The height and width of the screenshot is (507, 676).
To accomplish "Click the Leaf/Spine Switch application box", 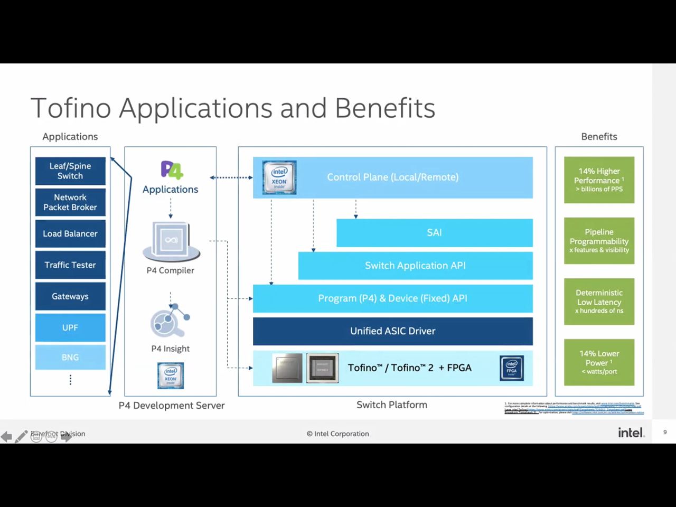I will click(70, 171).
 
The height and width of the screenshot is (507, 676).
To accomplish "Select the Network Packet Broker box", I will click(70, 202).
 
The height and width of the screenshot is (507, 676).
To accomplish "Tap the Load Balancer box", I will click(70, 233).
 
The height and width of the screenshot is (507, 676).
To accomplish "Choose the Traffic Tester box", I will click(70, 265).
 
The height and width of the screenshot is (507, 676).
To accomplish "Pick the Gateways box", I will click(70, 296).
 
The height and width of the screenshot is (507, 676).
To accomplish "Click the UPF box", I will click(70, 327).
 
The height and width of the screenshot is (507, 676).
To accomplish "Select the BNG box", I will click(70, 358).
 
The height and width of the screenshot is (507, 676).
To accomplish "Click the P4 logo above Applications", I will click(172, 170).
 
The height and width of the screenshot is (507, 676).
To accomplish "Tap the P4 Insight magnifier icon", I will click(170, 321).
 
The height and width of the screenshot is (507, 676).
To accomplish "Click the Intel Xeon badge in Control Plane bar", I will click(279, 177).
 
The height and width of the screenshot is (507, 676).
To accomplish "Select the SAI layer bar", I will click(434, 233).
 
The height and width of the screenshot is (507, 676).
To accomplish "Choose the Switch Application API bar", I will click(415, 266).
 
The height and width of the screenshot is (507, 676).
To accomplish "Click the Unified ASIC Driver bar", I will click(392, 331).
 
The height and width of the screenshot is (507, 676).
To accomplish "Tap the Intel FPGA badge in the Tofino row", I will click(512, 368).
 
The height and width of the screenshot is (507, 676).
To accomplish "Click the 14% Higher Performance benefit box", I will click(599, 180).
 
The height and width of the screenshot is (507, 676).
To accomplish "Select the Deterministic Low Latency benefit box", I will click(599, 302).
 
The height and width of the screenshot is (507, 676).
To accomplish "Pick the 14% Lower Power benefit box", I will click(599, 362).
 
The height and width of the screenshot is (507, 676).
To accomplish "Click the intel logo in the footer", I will click(631, 433).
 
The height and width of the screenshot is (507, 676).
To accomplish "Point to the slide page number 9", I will click(665, 433).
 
